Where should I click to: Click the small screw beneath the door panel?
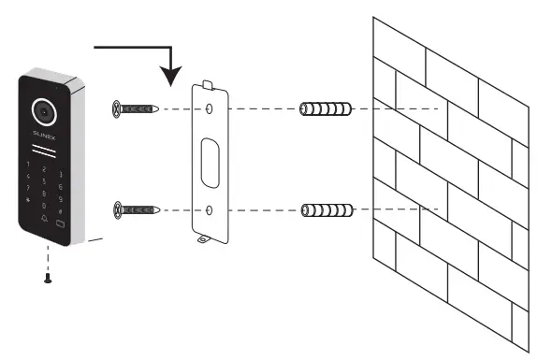pyautogui.click(x=47, y=278)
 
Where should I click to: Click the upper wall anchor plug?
pyautogui.click(x=326, y=109)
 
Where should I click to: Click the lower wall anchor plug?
pyautogui.click(x=326, y=209)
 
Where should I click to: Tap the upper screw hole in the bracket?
pyautogui.click(x=210, y=109)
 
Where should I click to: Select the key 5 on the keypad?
pyautogui.click(x=44, y=181)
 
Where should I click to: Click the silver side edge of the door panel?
pyautogui.click(x=81, y=159)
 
